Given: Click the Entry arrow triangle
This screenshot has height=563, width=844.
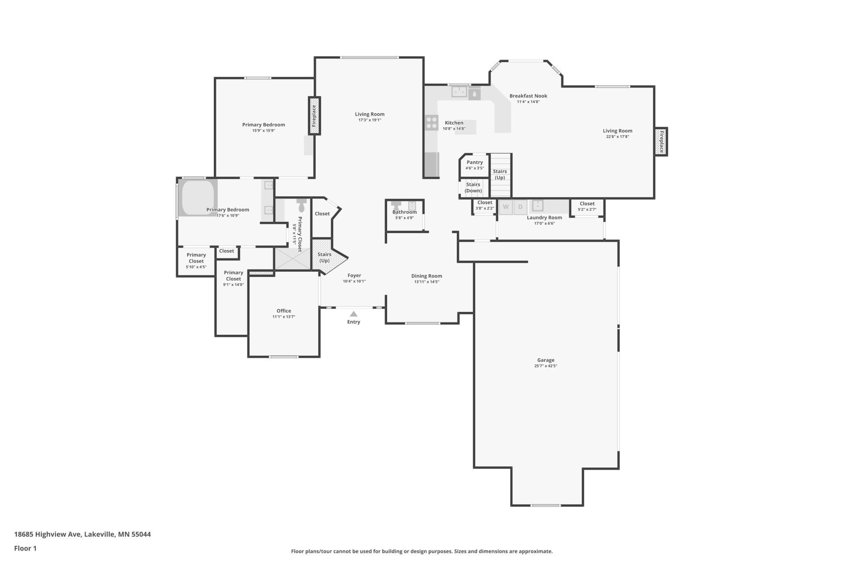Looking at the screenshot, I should [353, 314].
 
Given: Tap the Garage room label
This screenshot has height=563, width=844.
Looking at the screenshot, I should [545, 360].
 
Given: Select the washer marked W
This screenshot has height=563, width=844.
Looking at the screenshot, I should [506, 207].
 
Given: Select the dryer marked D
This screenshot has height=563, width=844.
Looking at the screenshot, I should [520, 207].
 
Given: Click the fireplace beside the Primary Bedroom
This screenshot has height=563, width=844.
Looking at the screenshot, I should [314, 116].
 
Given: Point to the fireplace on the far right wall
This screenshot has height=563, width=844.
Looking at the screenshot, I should [661, 141].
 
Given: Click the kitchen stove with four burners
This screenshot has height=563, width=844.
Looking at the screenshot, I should [431, 123].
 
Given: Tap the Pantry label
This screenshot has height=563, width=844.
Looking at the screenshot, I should [474, 162].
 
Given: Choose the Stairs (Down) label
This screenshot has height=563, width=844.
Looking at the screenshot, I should [473, 187].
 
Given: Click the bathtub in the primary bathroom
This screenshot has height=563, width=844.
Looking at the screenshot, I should [198, 197].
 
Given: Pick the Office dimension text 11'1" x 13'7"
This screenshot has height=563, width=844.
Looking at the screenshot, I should [284, 316].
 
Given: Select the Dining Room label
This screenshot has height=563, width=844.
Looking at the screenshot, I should [426, 276].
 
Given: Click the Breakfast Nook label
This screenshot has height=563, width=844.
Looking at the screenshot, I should [528, 96].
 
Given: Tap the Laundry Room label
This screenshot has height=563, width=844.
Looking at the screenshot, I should [544, 217].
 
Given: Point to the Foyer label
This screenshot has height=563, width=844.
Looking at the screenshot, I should [354, 275].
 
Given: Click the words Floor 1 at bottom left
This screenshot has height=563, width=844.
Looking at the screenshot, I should [25, 548].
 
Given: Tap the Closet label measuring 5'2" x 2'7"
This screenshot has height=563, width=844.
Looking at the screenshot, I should [587, 204].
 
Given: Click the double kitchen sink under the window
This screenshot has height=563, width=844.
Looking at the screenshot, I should [459, 91].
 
